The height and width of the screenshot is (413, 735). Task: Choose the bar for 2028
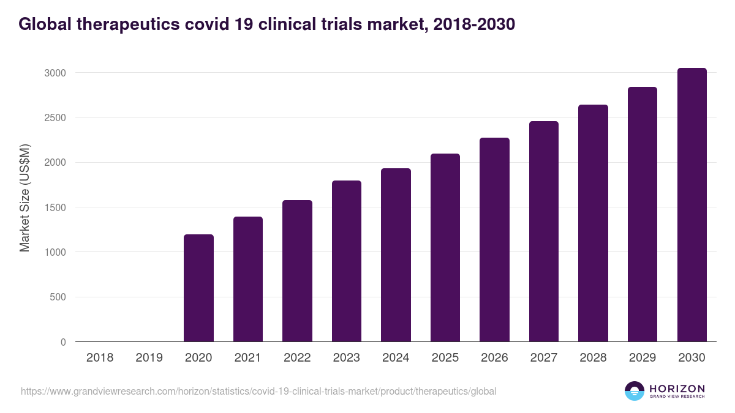(x=593, y=223)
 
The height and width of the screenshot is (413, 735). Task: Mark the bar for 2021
(x=248, y=279)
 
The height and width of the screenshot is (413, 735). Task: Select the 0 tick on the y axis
(x=62, y=342)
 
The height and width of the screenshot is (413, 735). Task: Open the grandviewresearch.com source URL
(x=258, y=391)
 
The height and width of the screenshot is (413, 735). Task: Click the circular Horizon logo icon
(x=635, y=391)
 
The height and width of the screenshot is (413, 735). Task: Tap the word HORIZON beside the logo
(x=677, y=389)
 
